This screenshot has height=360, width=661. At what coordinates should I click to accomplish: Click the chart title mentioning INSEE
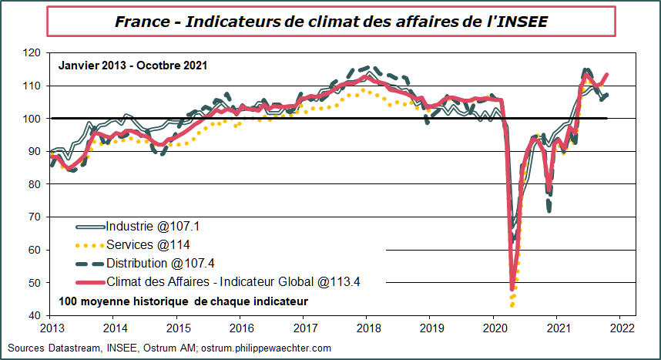click(x=331, y=22)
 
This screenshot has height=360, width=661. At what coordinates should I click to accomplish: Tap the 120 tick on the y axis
click(x=32, y=53)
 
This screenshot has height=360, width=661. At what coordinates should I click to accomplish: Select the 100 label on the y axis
click(x=32, y=119)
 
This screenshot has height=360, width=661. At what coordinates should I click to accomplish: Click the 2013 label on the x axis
click(x=50, y=328)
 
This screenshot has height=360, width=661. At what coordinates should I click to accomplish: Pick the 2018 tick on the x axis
click(x=366, y=328)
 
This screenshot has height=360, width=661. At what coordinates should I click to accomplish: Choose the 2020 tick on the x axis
click(x=493, y=328)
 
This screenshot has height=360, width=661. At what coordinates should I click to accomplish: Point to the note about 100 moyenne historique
click(x=183, y=300)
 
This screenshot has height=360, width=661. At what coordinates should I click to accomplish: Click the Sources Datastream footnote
click(x=169, y=348)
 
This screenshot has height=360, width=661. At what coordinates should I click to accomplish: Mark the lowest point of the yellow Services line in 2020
click(x=512, y=305)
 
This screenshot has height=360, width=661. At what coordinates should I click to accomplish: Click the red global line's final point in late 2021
click(x=608, y=75)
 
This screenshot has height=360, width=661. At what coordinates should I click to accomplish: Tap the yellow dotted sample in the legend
click(x=92, y=245)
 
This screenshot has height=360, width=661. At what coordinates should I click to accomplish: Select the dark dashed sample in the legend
click(x=92, y=264)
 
